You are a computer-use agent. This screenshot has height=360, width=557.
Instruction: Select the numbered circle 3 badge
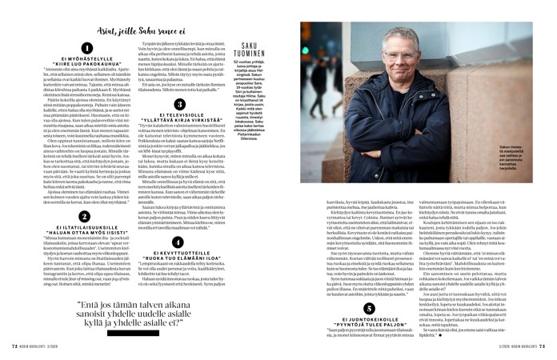click(x=180, y=105)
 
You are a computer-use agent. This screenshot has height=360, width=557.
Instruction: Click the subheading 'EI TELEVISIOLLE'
click(x=180, y=118)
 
